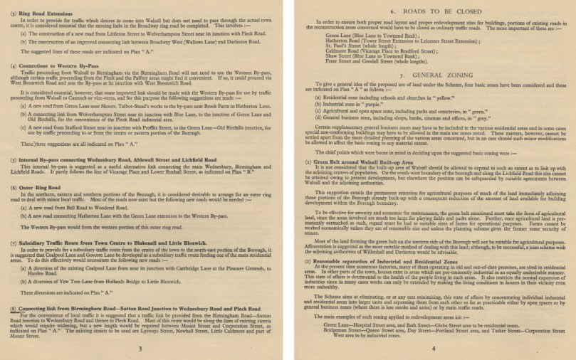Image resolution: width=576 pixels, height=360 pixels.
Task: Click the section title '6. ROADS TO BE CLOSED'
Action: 432,12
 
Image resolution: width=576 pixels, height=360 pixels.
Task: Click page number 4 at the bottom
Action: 432,348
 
